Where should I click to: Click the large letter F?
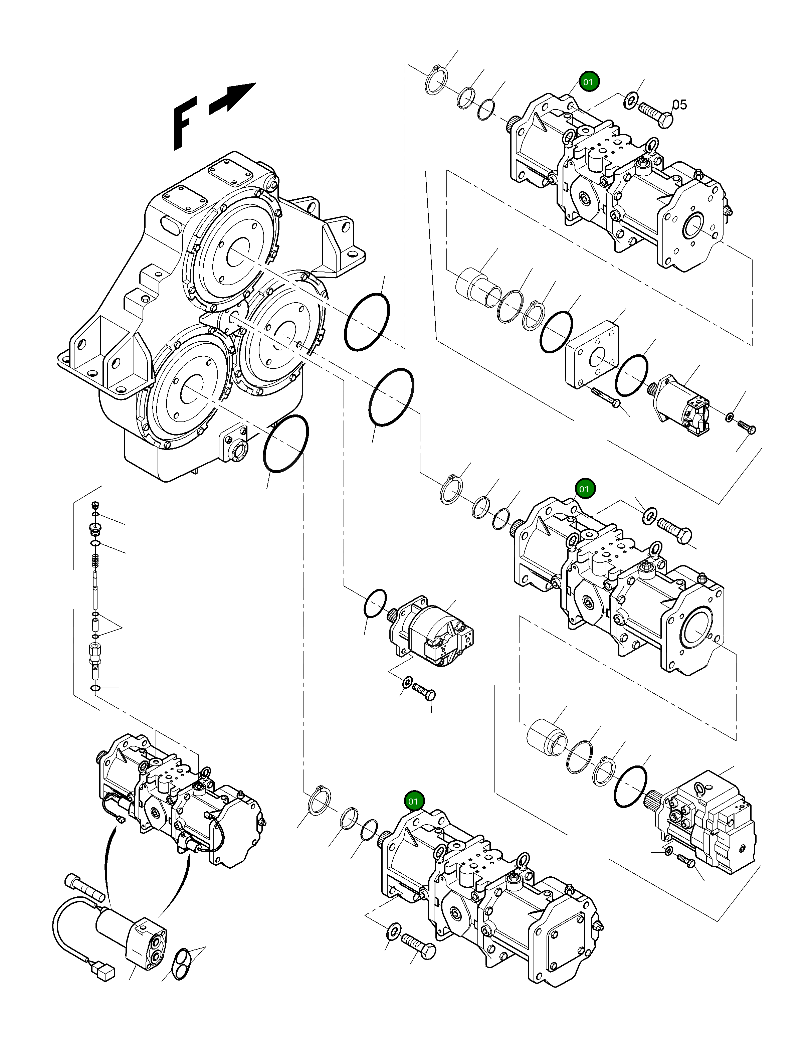coord(184,123)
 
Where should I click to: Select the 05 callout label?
coord(679,105)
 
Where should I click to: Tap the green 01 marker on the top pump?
coord(589,82)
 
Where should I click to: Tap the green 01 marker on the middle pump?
coord(584,489)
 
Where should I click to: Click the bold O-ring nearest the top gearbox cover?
coord(367,322)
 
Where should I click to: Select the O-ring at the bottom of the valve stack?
coord(95,688)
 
